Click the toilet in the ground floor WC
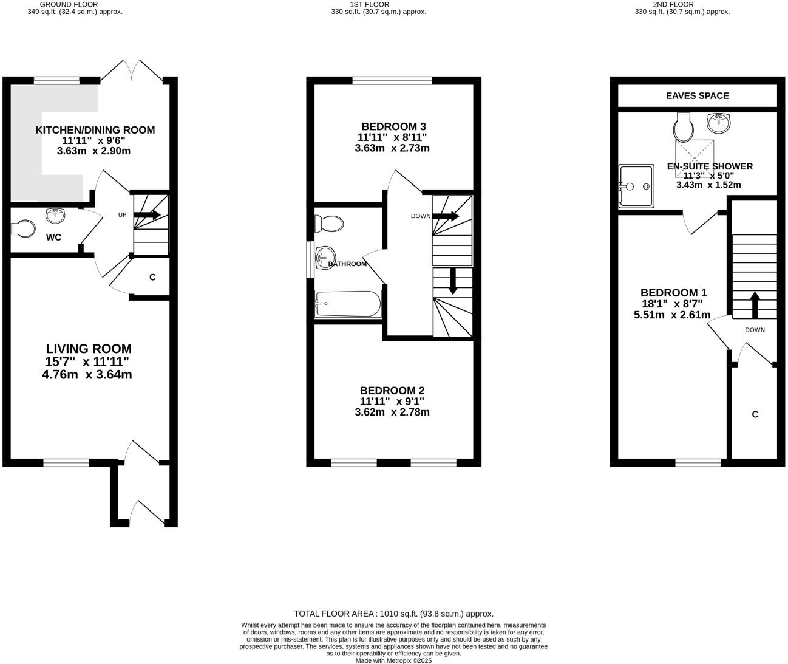point(24,228)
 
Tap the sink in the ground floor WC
point(56,214)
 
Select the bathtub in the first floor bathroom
point(347,304)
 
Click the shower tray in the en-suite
point(636,186)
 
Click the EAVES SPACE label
point(697,95)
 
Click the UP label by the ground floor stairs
point(122,215)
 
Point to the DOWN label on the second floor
point(755,330)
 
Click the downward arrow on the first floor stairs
point(452,282)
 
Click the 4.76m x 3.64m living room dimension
point(87,375)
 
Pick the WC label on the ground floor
point(53,238)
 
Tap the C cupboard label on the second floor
point(755,414)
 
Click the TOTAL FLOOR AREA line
point(393,614)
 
